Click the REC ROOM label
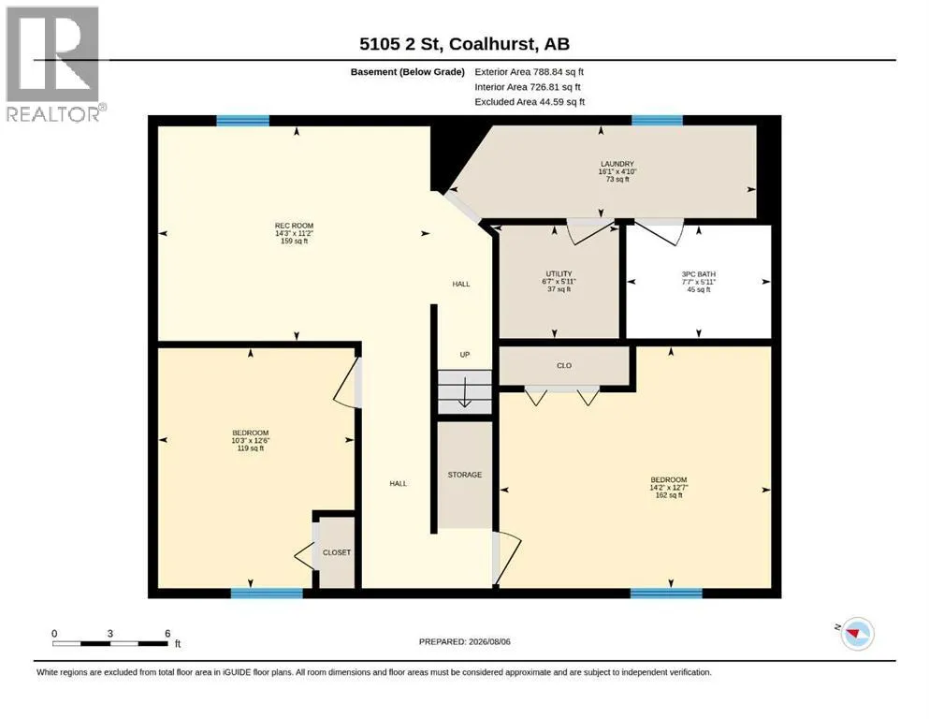(294, 226)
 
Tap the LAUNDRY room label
(617, 164)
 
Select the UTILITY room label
(559, 274)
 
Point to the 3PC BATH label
(699, 274)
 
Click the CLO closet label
(564, 366)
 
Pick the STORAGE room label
(464, 475)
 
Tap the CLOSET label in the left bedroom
(337, 552)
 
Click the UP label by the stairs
(464, 355)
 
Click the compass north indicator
(856, 633)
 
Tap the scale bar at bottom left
(110, 643)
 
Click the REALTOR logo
(54, 64)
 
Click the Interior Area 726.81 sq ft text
(528, 87)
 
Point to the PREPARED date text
(464, 641)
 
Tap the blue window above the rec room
(243, 121)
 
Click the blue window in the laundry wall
(657, 121)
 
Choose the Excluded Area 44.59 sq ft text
(530, 102)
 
